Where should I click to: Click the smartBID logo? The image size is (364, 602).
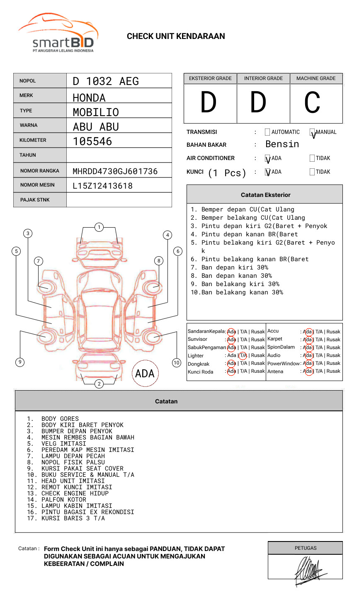click(58, 33)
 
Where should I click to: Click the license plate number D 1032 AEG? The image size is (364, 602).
click(106, 81)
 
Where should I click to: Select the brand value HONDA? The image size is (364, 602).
click(89, 98)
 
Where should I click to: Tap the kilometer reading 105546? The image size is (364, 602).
click(92, 141)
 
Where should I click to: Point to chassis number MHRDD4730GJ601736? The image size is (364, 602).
click(115, 171)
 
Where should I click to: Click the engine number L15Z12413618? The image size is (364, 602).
click(102, 186)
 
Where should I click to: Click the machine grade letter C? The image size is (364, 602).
click(312, 102)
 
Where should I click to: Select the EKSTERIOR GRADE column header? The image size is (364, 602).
click(210, 78)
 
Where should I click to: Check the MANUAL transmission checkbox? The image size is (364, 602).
click(312, 133)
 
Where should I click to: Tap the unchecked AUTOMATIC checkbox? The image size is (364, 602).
click(267, 132)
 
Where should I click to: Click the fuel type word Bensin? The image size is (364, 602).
click(282, 144)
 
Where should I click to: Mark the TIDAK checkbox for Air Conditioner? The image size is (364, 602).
click(312, 158)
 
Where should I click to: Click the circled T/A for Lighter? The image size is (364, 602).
click(243, 355)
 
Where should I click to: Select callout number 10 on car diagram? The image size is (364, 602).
click(177, 363)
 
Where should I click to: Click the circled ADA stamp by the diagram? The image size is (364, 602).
click(145, 374)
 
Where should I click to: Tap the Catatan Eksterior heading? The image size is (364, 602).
click(265, 195)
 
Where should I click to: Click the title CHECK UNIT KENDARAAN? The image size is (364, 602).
click(176, 36)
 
